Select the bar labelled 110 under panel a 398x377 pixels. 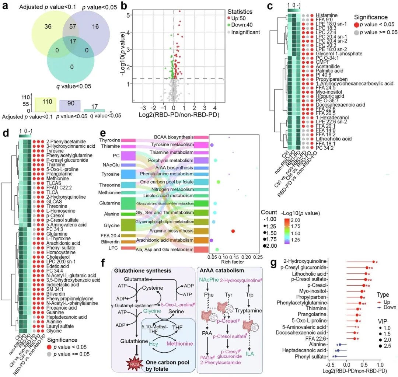45,104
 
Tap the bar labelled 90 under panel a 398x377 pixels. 70,106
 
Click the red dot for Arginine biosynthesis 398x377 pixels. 233,231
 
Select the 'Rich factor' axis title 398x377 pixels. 231,262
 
